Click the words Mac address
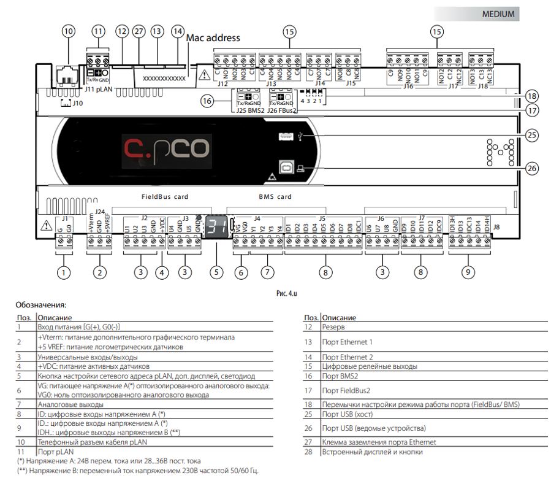point(213,38)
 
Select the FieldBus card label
point(165,197)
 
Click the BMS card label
point(271,197)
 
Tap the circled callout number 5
point(215,271)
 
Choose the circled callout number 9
point(468,271)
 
